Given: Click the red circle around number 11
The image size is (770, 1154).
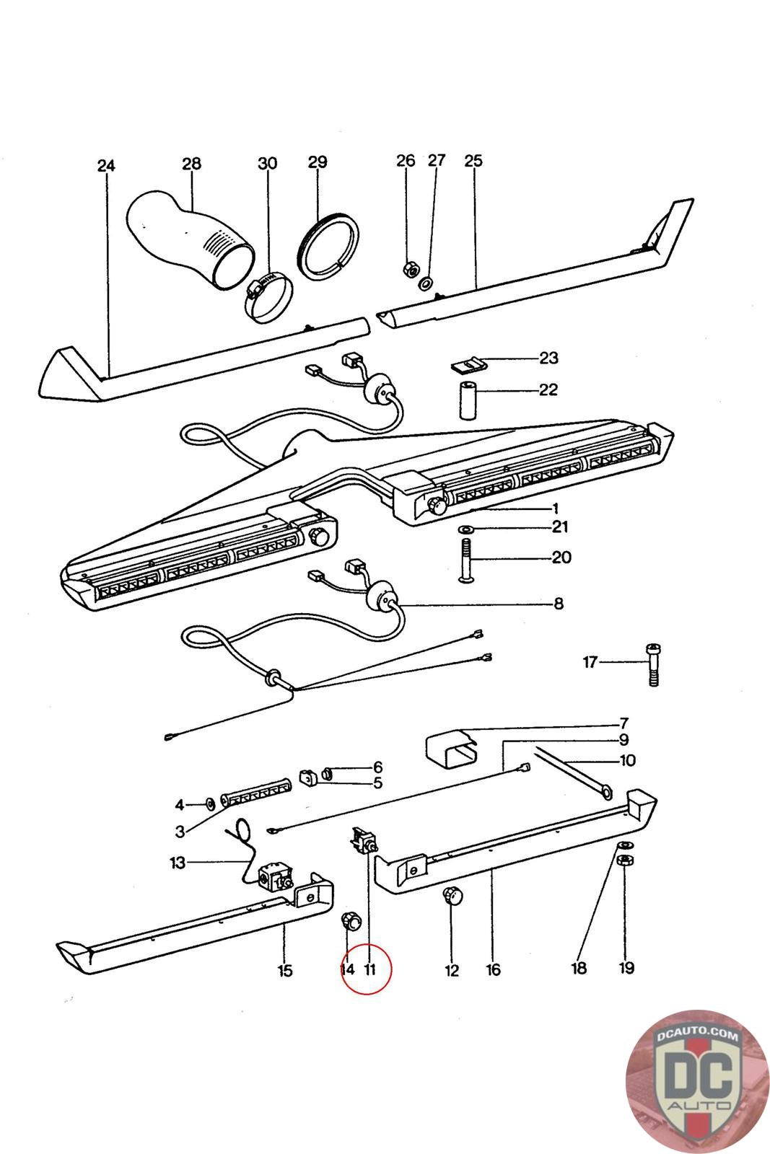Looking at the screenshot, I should [367, 969].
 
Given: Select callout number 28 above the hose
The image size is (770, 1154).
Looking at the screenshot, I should [191, 164].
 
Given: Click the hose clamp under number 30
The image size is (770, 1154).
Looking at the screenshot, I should [268, 297].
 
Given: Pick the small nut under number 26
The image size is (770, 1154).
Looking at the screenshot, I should [406, 268].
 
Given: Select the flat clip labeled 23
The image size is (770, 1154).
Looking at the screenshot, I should [465, 365].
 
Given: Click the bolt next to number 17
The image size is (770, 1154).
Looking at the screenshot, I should [652, 664].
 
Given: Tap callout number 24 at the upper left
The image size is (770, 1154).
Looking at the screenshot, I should [106, 166].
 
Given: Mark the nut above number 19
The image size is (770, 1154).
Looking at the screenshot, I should [626, 860].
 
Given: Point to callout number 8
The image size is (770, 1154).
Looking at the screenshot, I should [558, 604].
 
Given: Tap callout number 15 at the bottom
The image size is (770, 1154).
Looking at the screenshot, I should [285, 970].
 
